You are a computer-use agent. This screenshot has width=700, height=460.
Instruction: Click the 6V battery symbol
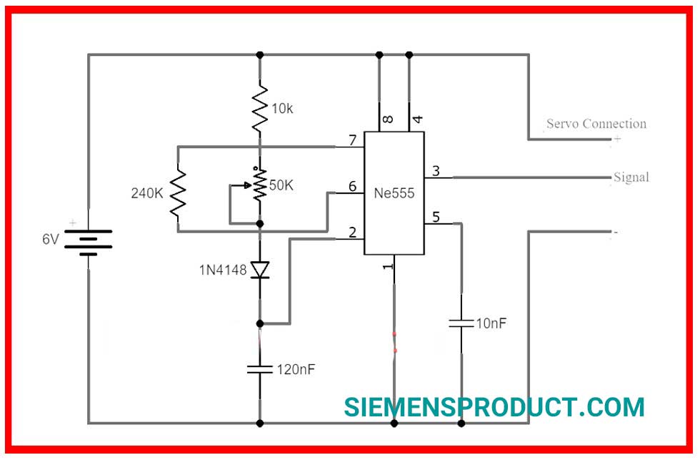click(89, 243)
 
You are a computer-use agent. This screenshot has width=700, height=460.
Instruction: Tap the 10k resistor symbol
click(260, 108)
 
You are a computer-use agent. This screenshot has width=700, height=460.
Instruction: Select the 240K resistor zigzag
click(178, 192)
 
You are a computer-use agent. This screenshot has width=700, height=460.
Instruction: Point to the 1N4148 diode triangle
click(260, 270)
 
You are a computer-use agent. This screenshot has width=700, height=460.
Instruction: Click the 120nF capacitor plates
click(260, 369)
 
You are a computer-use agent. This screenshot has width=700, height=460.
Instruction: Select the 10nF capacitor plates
click(461, 323)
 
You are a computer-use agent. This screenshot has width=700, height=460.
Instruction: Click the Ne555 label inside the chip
click(394, 193)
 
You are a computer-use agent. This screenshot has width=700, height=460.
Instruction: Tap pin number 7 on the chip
click(353, 140)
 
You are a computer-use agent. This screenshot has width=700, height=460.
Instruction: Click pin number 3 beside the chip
click(436, 170)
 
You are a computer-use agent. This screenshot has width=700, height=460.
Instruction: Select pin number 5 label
click(436, 217)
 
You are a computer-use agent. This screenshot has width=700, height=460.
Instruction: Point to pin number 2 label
click(353, 232)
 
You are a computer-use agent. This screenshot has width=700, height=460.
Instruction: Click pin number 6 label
click(353, 186)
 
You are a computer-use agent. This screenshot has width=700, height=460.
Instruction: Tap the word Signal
click(631, 177)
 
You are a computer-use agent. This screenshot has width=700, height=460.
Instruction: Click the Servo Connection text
click(596, 123)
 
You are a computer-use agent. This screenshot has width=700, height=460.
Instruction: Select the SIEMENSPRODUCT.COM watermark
click(494, 407)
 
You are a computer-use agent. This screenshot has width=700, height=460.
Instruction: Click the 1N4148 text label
click(223, 270)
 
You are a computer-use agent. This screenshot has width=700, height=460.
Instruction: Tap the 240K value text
click(147, 193)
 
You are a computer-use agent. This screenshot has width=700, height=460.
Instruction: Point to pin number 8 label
click(389, 119)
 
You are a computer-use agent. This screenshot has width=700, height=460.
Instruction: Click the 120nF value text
click(296, 369)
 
